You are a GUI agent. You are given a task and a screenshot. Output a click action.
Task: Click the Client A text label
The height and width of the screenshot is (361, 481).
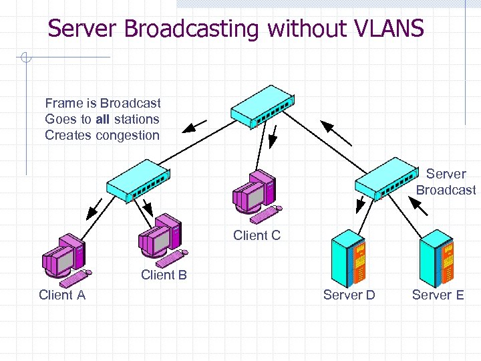coord(62,295)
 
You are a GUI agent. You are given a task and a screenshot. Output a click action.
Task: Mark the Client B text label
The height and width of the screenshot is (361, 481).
coord(164,275)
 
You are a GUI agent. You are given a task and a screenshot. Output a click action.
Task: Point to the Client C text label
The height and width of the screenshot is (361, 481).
coord(257,235)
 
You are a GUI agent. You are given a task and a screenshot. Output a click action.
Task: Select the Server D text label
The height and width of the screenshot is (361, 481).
coord(349,295)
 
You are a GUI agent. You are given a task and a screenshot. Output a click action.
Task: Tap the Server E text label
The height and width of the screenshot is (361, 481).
coord(438,295)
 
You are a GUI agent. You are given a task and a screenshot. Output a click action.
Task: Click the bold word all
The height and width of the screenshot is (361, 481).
coord(102,119)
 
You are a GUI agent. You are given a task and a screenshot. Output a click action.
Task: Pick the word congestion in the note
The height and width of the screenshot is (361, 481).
coord(128,135)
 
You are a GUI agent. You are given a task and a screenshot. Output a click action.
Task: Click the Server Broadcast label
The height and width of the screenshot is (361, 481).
coord(446,182)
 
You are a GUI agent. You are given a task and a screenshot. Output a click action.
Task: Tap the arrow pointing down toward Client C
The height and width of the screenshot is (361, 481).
coord(273,136)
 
